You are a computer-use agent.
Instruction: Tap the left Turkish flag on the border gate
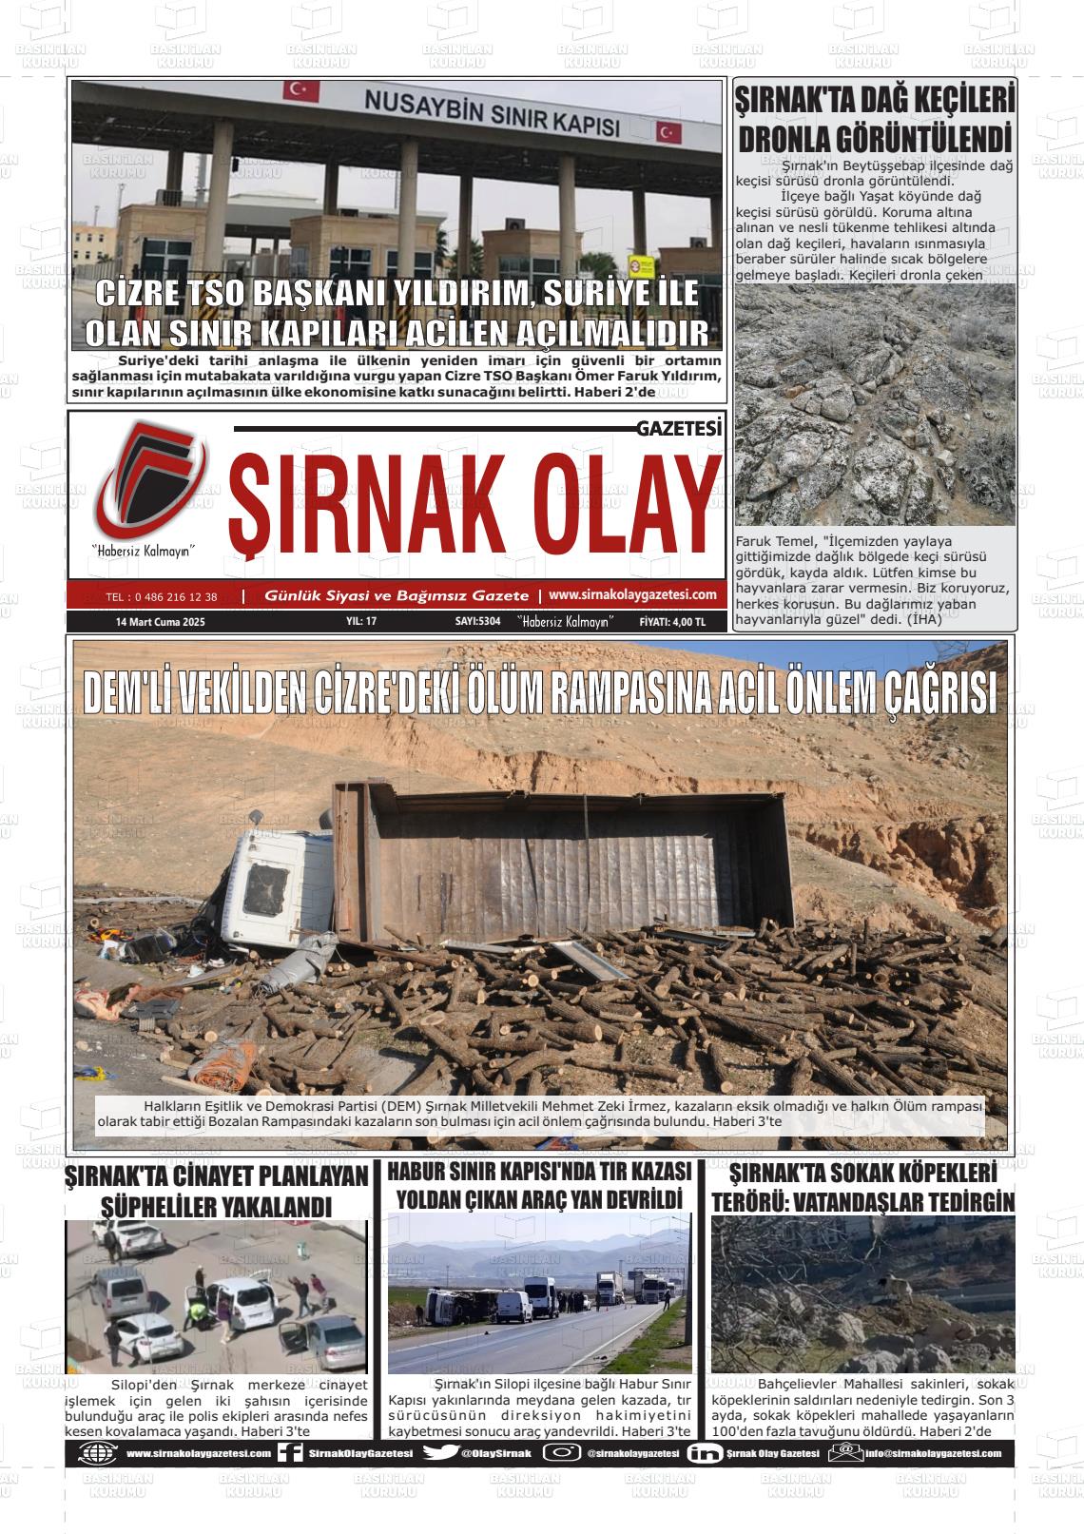295,91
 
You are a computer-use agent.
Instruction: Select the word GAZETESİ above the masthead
679,430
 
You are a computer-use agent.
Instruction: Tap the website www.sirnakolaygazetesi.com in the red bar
632,594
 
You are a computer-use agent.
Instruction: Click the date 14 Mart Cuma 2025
160,622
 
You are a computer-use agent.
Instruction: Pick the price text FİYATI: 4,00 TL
672,622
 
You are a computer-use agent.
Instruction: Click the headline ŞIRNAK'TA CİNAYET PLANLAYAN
216,1177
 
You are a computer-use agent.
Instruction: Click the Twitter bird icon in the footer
439,1453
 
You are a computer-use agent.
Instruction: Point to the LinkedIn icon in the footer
704,1453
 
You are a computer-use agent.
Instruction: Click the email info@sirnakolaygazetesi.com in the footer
933,1453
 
